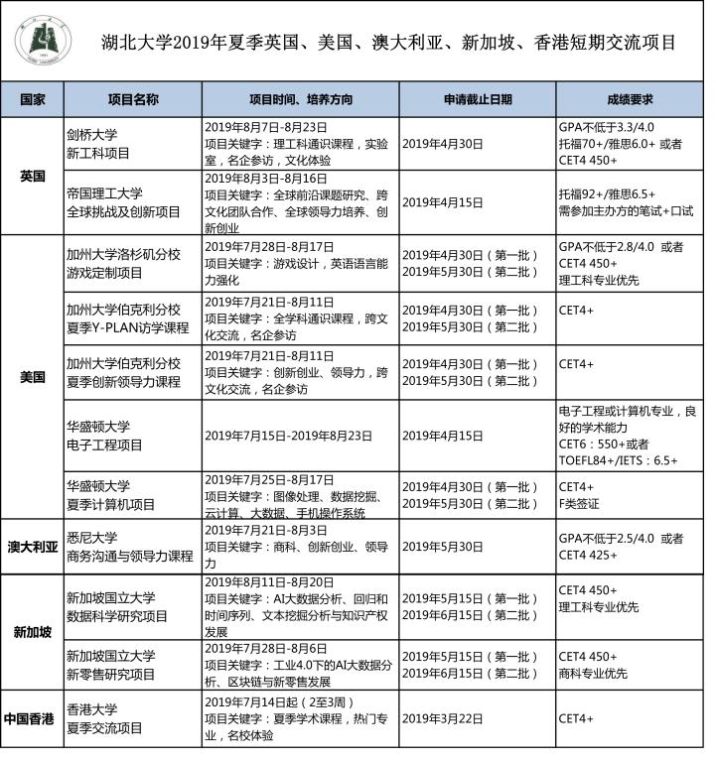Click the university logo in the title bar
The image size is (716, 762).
click(x=37, y=41)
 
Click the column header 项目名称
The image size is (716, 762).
click(x=132, y=99)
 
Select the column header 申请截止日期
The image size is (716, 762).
click(x=478, y=99)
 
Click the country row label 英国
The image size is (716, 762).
click(x=33, y=176)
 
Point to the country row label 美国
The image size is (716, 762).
click(x=33, y=377)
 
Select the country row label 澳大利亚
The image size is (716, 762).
click(x=33, y=547)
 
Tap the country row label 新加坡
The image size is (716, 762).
click(x=33, y=632)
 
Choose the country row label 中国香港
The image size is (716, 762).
click(x=33, y=718)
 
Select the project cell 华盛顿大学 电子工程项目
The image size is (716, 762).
click(x=105, y=436)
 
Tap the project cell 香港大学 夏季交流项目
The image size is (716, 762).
click(x=105, y=718)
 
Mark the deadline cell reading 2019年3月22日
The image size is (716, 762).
click(x=443, y=718)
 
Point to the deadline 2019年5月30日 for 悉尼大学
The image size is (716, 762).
click(x=443, y=547)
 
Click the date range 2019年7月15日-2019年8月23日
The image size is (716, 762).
click(x=288, y=436)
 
